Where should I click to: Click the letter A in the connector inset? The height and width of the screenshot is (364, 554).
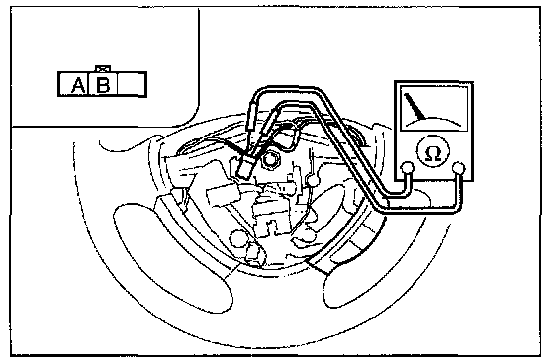(x=78, y=85)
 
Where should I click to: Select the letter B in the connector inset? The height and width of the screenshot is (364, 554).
(x=103, y=85)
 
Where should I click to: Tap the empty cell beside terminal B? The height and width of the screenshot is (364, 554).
(x=131, y=84)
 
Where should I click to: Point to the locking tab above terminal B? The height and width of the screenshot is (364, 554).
(x=103, y=68)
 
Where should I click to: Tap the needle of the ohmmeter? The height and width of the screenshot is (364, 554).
(x=415, y=106)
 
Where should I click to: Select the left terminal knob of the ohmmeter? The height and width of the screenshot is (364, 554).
(x=408, y=167)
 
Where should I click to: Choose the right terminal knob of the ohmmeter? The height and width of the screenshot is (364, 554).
(x=458, y=167)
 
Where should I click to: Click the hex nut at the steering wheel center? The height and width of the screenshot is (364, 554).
(x=270, y=159)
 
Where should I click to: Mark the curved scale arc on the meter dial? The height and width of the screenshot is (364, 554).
(x=434, y=120)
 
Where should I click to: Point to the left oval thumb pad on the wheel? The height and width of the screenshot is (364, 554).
(x=173, y=257)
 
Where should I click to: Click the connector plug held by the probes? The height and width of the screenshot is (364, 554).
(x=245, y=167)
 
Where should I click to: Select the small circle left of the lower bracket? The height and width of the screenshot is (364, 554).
(x=237, y=237)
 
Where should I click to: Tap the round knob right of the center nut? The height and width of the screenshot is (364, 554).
(x=313, y=180)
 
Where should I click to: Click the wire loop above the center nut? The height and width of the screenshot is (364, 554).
(x=291, y=136)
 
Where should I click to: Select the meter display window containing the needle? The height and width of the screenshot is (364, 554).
(x=434, y=108)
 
